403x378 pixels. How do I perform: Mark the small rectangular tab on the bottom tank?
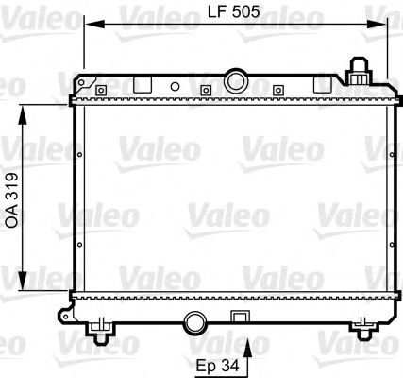240,318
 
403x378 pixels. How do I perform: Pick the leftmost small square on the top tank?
100,91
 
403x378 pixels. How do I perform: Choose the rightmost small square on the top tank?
277,91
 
